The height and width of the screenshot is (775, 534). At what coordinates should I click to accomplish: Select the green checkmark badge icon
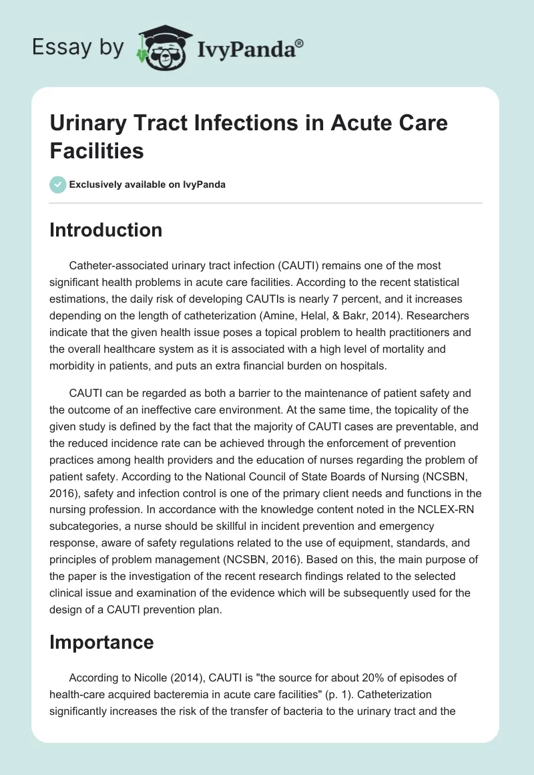point(58,184)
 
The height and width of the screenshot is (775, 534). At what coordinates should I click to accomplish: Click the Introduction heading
point(106,230)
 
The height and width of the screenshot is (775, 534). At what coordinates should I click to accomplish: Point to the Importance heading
point(101,643)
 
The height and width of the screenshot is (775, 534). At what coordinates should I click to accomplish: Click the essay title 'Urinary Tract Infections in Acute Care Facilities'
point(248,137)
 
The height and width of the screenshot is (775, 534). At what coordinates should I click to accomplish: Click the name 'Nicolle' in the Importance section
point(152,677)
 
